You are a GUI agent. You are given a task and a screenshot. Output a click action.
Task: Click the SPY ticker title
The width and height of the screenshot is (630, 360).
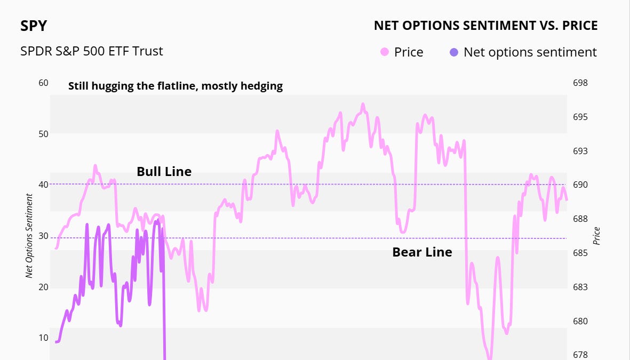click(33, 26)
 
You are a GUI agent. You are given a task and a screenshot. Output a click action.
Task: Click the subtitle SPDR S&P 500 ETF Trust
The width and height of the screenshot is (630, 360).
click(91, 51)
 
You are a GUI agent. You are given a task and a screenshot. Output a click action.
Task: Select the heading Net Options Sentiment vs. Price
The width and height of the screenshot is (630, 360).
click(485, 26)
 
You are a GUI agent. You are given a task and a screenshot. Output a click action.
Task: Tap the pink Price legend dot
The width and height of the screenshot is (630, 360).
click(384, 52)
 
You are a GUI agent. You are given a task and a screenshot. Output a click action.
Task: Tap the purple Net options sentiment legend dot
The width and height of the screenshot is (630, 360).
click(454, 52)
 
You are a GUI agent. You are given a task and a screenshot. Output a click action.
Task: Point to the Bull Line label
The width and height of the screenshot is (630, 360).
click(164, 171)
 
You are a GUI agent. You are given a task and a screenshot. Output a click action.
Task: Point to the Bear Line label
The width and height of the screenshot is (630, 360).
click(422, 252)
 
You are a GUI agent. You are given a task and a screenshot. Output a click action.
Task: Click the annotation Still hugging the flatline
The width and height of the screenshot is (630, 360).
click(176, 86)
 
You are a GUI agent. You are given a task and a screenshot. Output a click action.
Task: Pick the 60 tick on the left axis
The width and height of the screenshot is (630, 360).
click(43, 83)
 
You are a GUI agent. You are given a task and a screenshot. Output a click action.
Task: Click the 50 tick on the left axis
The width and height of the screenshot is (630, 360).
click(43, 134)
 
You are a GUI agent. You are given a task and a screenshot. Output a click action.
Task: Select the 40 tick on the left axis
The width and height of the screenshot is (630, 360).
click(43, 185)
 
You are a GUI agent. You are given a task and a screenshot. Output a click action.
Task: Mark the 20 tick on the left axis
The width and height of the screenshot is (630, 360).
click(43, 287)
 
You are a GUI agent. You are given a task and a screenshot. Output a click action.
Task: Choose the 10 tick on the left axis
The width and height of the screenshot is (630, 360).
click(43, 338)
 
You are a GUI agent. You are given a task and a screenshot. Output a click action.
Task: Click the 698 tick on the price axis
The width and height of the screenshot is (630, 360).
click(580, 83)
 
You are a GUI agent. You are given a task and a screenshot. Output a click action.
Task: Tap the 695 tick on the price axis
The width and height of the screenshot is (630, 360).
click(580, 117)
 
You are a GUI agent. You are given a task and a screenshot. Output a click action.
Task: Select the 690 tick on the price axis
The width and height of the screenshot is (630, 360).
click(580, 185)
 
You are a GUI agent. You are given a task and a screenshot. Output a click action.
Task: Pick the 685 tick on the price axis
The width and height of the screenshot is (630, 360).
click(580, 253)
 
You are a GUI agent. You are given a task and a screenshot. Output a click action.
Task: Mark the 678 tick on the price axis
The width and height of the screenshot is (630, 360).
click(580, 355)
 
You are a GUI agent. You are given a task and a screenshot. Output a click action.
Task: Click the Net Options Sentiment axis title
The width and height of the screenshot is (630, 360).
click(29, 236)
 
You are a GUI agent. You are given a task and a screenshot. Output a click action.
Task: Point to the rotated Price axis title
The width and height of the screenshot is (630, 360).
click(597, 236)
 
